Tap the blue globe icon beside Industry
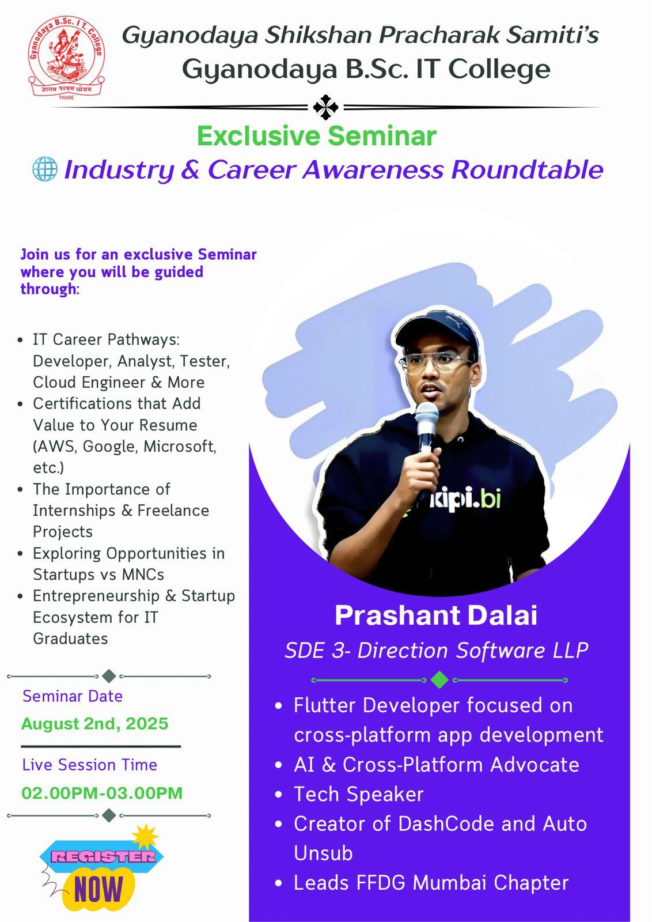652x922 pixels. click(x=44, y=169)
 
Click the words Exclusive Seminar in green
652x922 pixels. click(x=316, y=136)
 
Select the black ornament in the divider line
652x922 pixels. click(x=325, y=107)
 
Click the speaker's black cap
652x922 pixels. click(x=438, y=334)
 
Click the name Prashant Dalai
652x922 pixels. click(x=436, y=615)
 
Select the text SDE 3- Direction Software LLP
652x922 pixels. click(x=436, y=650)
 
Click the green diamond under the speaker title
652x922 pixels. click(x=439, y=680)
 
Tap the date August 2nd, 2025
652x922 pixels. click(x=95, y=724)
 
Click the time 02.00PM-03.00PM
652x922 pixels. click(x=102, y=793)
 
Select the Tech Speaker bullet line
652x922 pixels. click(x=358, y=794)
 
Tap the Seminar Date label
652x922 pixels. click(x=73, y=696)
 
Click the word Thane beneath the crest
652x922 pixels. click(x=66, y=97)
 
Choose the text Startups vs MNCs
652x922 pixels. click(x=98, y=575)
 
